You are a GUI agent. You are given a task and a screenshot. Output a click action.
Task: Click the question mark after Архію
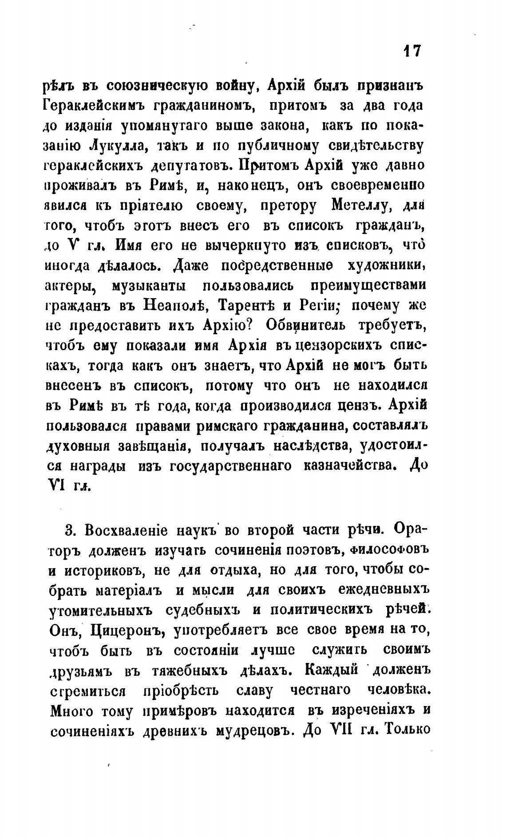(x=249, y=324)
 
